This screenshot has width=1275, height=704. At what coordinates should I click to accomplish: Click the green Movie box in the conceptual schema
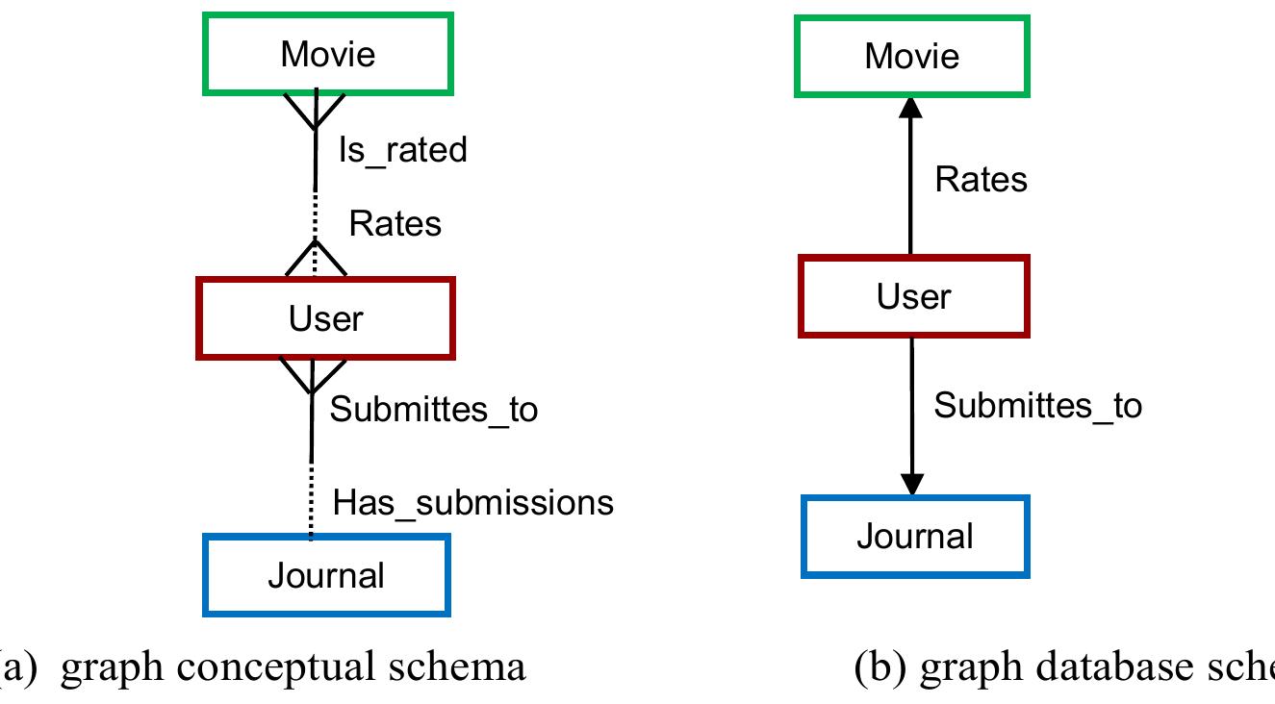[327, 54]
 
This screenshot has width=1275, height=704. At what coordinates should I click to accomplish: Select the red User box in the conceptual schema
[325, 318]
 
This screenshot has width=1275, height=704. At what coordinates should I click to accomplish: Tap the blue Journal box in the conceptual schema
[326, 575]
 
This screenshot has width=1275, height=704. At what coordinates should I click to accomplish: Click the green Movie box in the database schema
[911, 56]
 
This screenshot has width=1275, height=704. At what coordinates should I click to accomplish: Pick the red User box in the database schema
[913, 296]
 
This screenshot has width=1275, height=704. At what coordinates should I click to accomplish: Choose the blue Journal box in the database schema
[914, 537]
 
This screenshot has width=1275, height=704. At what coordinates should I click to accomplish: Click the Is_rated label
[402, 149]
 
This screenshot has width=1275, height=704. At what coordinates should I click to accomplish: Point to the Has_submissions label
[472, 501]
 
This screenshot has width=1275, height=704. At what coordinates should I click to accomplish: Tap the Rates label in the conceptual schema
[395, 223]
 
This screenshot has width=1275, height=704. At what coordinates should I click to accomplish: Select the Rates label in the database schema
[981, 179]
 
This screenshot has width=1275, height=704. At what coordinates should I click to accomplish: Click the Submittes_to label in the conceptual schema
[434, 409]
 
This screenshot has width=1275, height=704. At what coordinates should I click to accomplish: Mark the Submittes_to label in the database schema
[1037, 405]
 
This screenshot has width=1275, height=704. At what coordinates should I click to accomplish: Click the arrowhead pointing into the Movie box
[910, 108]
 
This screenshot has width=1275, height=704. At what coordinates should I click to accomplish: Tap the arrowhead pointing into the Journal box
[910, 485]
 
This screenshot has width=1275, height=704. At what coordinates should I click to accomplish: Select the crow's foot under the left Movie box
[316, 112]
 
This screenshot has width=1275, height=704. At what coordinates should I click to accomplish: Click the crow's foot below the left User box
[311, 376]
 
